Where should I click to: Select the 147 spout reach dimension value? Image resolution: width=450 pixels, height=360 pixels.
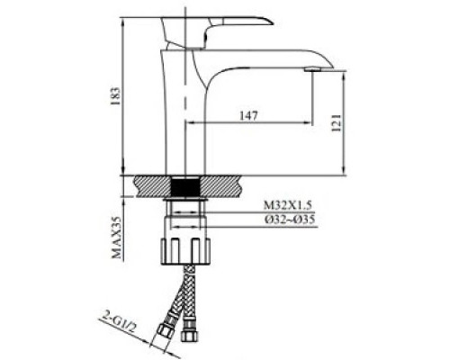click(x=248, y=113)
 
